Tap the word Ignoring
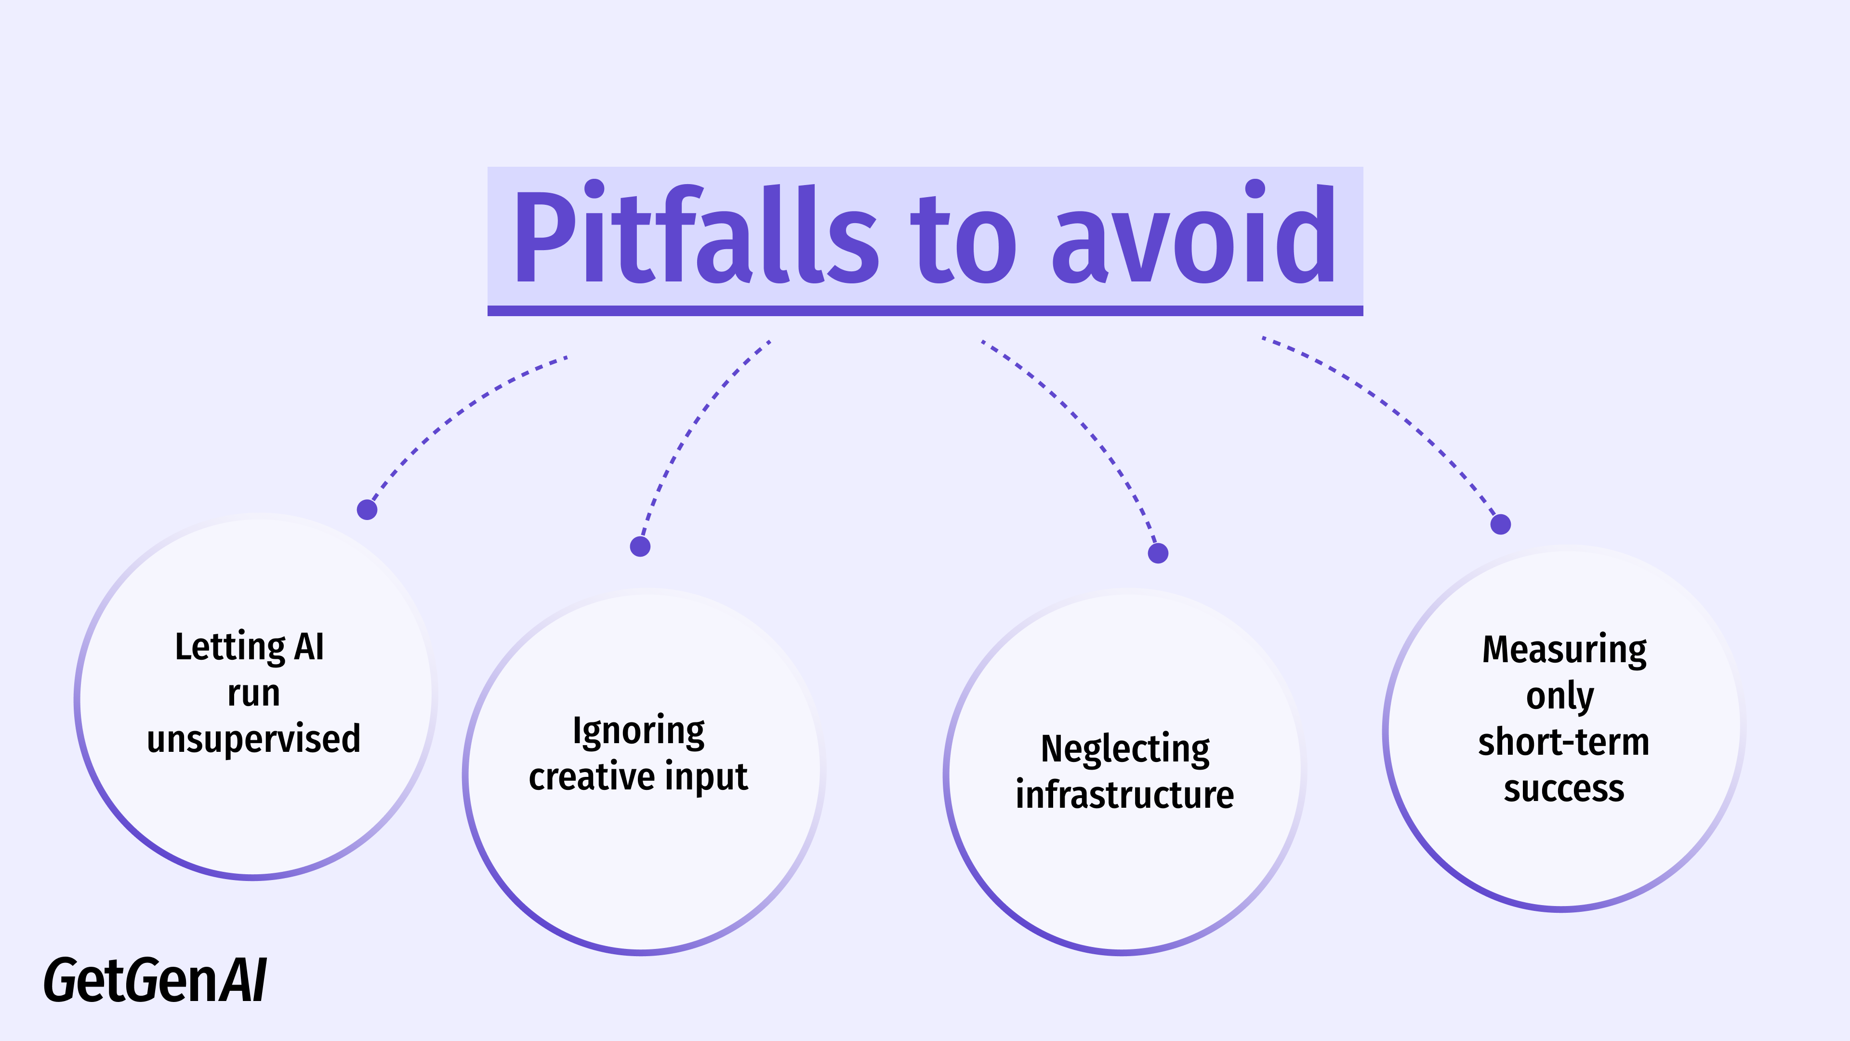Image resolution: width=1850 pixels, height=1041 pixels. (x=638, y=732)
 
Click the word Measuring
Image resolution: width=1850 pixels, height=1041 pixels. (x=1564, y=650)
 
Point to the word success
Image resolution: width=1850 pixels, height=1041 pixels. (x=1563, y=788)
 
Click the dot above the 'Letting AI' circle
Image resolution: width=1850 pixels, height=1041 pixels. (x=367, y=509)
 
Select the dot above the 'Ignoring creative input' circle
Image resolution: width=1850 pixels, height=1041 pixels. (x=640, y=547)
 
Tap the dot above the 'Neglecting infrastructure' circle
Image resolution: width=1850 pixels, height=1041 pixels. (x=1158, y=553)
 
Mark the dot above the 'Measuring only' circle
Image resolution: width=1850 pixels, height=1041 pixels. (x=1500, y=524)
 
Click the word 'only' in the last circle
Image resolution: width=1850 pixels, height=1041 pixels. (x=1560, y=696)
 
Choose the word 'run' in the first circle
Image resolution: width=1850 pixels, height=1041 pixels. (x=253, y=694)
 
